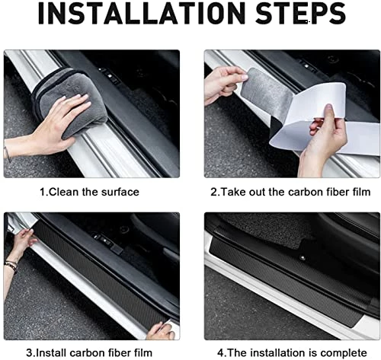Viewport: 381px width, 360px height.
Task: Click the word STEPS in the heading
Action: (x=300, y=14)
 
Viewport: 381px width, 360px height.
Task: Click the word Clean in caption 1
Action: (x=63, y=192)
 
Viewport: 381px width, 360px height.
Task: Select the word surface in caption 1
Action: (x=120, y=192)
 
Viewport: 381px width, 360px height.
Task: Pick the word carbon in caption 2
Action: (x=306, y=192)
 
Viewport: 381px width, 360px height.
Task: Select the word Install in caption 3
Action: (x=50, y=352)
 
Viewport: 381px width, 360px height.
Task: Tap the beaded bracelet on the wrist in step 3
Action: (x=11, y=266)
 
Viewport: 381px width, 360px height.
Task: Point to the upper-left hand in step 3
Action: (x=23, y=241)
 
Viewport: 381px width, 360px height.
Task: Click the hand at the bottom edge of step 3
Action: (x=161, y=331)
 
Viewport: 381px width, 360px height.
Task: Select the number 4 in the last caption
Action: (x=220, y=353)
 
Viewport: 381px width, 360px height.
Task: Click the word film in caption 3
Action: (x=143, y=352)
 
